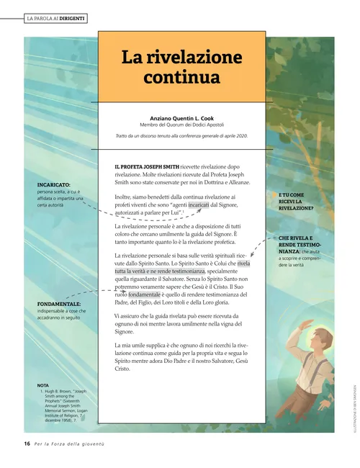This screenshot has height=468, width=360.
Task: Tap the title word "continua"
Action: click(x=181, y=75)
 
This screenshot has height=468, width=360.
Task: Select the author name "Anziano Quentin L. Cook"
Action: click(x=181, y=118)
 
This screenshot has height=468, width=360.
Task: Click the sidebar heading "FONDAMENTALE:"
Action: click(x=58, y=305)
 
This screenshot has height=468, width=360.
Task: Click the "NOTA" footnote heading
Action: click(x=43, y=385)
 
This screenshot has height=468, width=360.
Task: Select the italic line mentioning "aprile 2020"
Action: click(x=181, y=135)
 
